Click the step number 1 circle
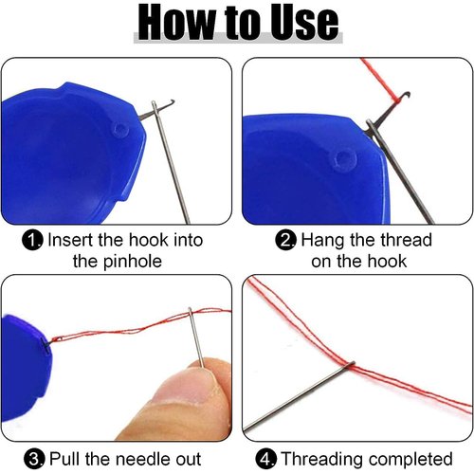(x=33, y=241)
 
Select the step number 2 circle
(x=286, y=241)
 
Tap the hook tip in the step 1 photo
(x=155, y=101)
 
